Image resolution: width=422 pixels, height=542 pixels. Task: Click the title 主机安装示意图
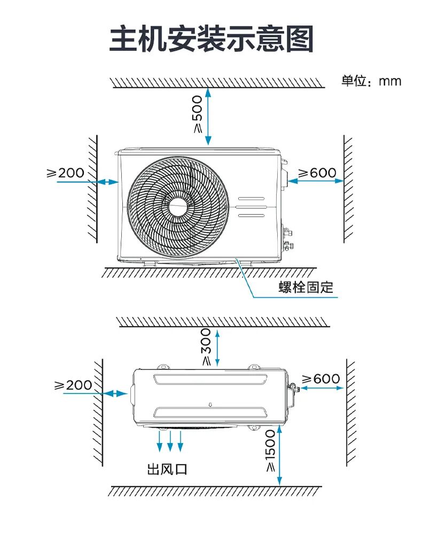tap(211, 39)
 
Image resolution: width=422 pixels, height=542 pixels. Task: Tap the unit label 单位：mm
tap(371, 81)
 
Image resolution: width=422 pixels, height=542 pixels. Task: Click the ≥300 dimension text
tap(206, 347)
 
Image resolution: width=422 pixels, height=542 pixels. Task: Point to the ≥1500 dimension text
tap(270, 451)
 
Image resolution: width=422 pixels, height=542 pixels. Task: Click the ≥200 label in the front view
tap(66, 173)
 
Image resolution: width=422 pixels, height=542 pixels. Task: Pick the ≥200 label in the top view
tap(73, 385)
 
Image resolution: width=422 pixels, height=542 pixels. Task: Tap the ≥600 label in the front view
tap(317, 173)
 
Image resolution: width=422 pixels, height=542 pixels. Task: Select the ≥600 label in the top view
tap(321, 379)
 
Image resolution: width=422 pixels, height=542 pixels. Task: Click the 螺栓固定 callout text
tap(306, 287)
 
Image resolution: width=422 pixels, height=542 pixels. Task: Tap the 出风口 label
tap(167, 470)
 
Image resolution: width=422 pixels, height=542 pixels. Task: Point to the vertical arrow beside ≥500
tap(208, 117)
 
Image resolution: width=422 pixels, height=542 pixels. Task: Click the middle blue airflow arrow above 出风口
tap(170, 440)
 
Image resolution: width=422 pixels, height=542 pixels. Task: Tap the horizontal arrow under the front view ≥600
tap(316, 181)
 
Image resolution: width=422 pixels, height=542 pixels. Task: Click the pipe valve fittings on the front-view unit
tap(288, 238)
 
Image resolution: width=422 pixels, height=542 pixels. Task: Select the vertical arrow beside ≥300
tap(217, 348)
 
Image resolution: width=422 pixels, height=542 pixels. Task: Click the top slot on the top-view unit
tap(209, 378)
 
